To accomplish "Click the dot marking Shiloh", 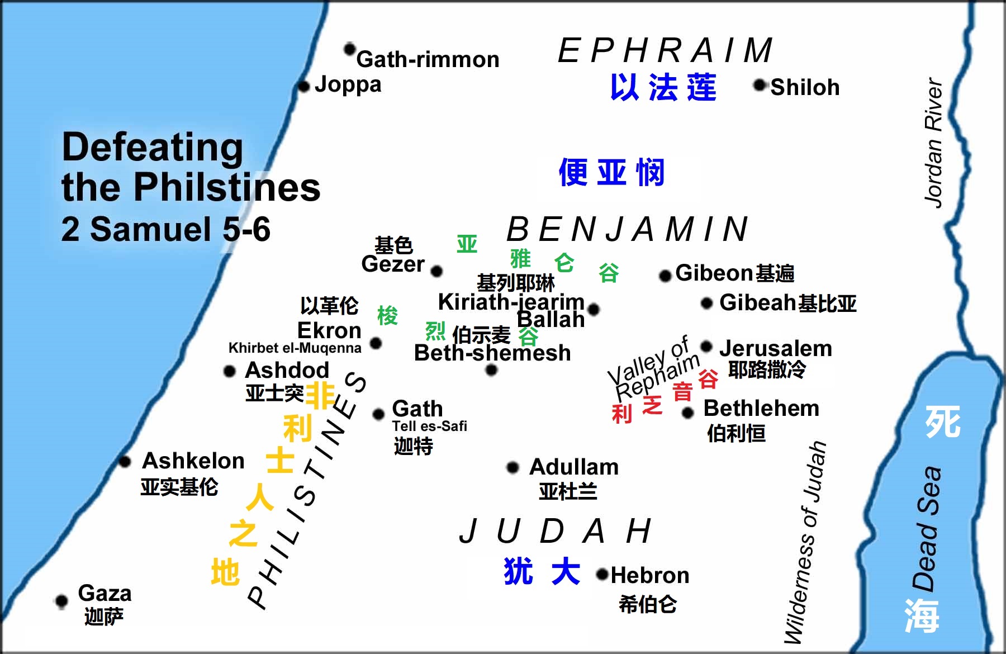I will [760, 85].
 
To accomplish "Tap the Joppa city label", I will [348, 84].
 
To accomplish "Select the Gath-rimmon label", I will [428, 59].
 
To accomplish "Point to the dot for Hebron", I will [602, 574].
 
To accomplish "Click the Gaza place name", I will [105, 593].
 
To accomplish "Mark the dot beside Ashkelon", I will [125, 462].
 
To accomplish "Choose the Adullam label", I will [574, 467].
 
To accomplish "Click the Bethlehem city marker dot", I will [688, 413].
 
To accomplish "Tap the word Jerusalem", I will [775, 348].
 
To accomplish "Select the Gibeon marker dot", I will [665, 276].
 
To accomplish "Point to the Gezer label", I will [392, 264].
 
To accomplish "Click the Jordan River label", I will [934, 143].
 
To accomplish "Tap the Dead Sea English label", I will [927, 528].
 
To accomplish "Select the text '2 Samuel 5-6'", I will [165, 229].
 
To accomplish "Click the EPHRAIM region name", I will [665, 50].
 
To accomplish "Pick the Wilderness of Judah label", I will [805, 542].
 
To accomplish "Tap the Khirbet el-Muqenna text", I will [295, 348].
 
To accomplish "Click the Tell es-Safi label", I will [429, 426].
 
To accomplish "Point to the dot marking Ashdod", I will [229, 371].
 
